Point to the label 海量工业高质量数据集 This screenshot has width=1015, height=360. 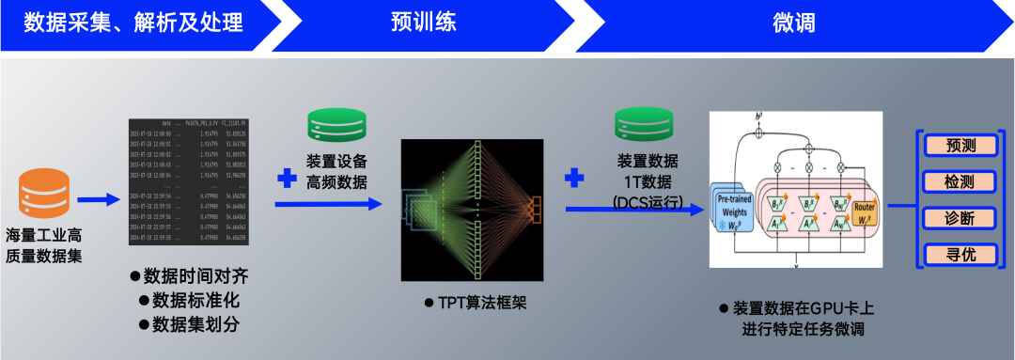[x=44, y=243]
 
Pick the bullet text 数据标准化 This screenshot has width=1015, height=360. [x=192, y=300]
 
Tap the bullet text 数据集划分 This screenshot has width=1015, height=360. [x=192, y=324]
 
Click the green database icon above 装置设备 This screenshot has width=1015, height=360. [x=336, y=127]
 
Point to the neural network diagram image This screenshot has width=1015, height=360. [x=473, y=208]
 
